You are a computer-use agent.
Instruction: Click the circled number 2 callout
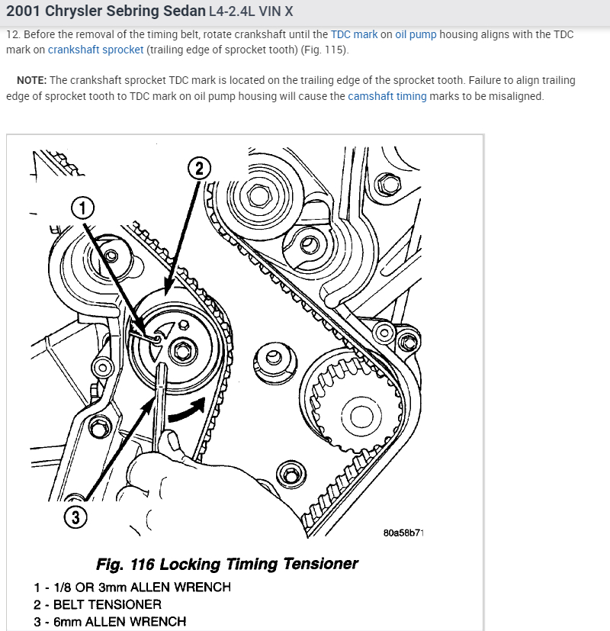[x=199, y=169]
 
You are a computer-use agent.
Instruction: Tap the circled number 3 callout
[x=75, y=517]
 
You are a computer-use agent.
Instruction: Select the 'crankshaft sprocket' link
[x=95, y=50]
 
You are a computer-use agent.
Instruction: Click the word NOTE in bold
[x=32, y=81]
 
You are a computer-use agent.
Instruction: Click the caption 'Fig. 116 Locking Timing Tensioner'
[x=227, y=565]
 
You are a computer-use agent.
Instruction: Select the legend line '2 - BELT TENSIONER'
[x=97, y=604]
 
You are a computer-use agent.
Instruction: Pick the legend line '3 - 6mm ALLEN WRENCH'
[x=109, y=621]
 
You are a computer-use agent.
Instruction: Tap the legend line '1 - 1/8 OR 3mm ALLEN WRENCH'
[x=131, y=587]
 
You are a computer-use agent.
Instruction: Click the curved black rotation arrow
[x=188, y=410]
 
